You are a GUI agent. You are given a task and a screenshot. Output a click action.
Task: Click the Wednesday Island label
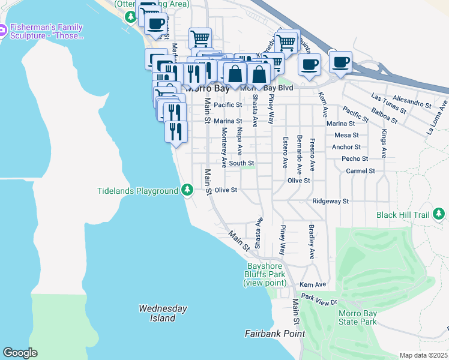pyautogui.click(x=163, y=313)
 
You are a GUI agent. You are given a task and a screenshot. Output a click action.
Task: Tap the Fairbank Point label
pyautogui.click(x=275, y=334)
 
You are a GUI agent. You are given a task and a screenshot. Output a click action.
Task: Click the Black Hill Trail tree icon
pyautogui.click(x=439, y=214)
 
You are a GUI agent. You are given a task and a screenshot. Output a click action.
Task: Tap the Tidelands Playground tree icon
pyautogui.click(x=188, y=190)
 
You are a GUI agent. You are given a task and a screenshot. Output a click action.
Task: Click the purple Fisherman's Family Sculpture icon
pyautogui.click(x=4, y=29)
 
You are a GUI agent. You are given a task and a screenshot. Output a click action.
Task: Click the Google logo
pyautogui.click(x=20, y=353)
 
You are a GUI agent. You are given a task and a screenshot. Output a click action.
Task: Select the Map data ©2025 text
pyautogui.click(x=423, y=355)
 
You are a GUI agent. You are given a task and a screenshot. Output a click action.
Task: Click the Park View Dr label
pyautogui.click(x=320, y=298)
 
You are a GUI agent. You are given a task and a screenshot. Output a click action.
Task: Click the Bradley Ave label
pyautogui.click(x=312, y=242)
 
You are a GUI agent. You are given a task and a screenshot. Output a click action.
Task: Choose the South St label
pyautogui.click(x=241, y=163)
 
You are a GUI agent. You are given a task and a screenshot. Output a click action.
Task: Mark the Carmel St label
pyautogui.click(x=360, y=171)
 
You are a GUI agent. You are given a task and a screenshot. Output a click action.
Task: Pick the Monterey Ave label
pyautogui.click(x=224, y=147)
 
